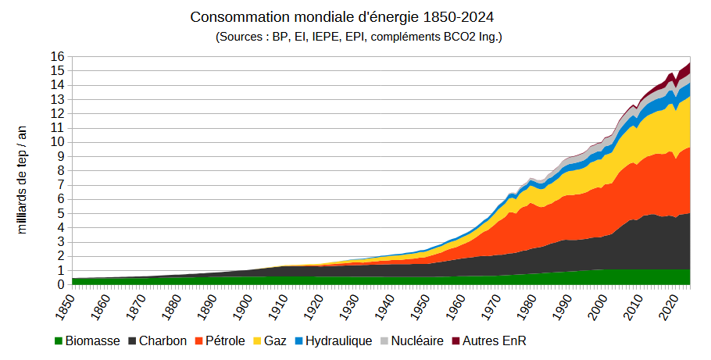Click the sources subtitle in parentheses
[x=359, y=37]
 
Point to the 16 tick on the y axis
[x=58, y=57]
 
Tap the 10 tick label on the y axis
[x=58, y=142]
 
